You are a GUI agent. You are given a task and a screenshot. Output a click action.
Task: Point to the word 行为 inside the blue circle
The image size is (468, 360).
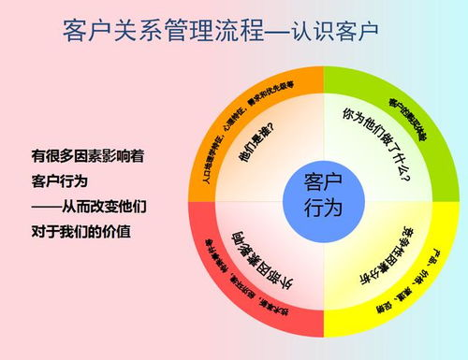[324, 207]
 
